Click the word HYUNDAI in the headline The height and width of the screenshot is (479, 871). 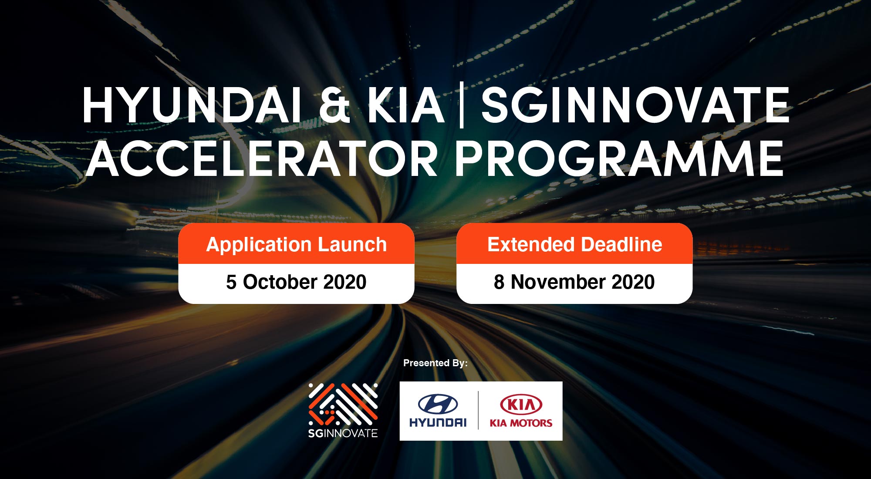pos(192,105)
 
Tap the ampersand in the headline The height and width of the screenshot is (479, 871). pos(334,105)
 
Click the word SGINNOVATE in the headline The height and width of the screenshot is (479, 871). pos(635,105)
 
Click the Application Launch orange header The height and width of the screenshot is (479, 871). pos(296,244)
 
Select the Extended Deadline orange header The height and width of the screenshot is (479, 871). pos(574,244)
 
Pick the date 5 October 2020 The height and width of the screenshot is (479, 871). pos(296,282)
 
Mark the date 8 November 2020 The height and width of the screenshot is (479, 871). pos(574,282)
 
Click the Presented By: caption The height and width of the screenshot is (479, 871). pos(435,363)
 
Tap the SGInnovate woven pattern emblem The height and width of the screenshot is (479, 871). pos(343,405)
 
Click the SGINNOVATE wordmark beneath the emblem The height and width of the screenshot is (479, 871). pos(343,433)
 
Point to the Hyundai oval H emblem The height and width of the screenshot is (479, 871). pos(438,404)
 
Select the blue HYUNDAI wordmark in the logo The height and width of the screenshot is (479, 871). pos(438,422)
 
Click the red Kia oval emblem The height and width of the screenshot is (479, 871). pos(521,405)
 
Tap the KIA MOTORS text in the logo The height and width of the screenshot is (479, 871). pos(521,423)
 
